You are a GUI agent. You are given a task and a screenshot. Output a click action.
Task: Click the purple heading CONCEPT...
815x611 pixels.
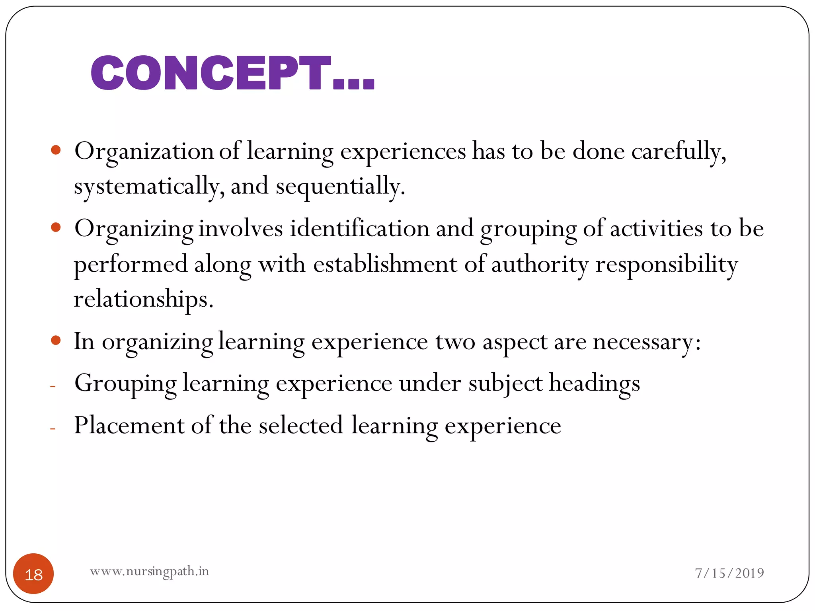point(232,73)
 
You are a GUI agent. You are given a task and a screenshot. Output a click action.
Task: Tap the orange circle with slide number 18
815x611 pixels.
point(33,574)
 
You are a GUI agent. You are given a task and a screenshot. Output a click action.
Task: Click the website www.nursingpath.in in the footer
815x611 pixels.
point(149,571)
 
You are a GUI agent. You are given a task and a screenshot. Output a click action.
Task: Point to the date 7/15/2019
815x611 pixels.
point(729,573)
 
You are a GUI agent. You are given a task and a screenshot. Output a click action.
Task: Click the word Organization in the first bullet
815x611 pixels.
point(144,152)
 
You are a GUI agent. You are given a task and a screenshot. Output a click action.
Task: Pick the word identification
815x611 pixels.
point(359,229)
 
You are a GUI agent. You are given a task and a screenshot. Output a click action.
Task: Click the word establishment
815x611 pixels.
point(385,265)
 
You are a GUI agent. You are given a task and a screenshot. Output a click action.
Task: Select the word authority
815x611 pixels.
point(540,265)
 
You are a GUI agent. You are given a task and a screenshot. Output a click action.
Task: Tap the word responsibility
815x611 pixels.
point(667,265)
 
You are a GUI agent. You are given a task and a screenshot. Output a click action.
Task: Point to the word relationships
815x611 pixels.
point(143,299)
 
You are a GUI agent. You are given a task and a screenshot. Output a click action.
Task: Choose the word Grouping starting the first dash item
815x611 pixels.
point(125,384)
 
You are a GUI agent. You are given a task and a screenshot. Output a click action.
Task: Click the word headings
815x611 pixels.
point(595,384)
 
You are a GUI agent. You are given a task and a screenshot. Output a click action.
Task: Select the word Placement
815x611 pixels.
point(129,426)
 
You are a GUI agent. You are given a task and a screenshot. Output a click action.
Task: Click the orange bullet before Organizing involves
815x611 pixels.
point(56,228)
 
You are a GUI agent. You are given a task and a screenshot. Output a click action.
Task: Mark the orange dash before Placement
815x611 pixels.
point(53,428)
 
